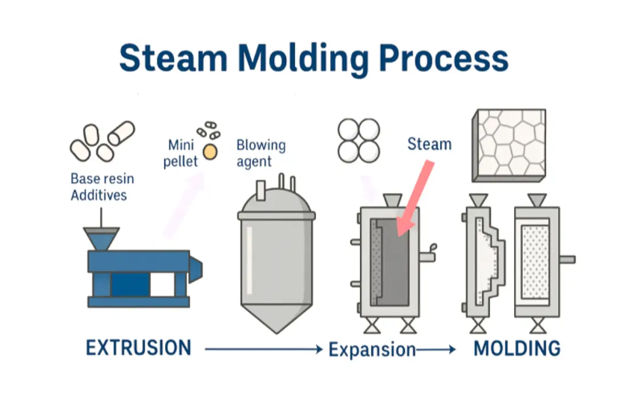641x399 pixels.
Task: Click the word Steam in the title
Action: point(173,58)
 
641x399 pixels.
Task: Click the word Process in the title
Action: point(444,58)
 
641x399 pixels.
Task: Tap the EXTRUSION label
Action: point(138,348)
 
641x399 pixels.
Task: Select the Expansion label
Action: point(372,350)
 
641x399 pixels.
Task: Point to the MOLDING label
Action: point(517,348)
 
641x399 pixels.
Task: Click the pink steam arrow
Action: point(415,198)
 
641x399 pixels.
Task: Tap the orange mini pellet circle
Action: point(210,151)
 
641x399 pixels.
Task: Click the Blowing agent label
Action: point(261,153)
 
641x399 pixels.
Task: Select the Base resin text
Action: point(102,178)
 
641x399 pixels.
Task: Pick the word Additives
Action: point(99,195)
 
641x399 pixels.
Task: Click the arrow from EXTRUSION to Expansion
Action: point(264,349)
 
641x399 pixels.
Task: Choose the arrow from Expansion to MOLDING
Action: point(436,350)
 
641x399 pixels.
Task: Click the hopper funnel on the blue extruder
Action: point(102,238)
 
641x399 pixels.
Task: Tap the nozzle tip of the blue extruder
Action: point(196,270)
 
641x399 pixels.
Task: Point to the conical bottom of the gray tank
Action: point(276,318)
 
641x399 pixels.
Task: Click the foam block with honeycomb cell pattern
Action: point(509,145)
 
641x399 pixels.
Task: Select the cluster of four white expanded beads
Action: point(359,141)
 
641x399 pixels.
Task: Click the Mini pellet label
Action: point(180,153)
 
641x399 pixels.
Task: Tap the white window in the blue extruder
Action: point(162,284)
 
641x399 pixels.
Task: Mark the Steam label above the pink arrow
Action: point(430,144)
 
